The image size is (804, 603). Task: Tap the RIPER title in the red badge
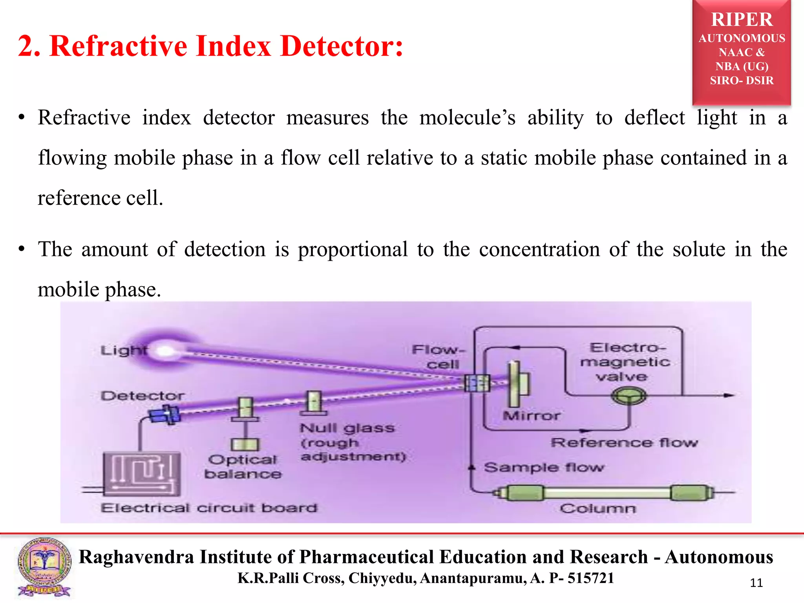742,20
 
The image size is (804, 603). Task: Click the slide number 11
756,583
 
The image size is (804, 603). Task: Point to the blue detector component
165,414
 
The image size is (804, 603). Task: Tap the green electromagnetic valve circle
629,396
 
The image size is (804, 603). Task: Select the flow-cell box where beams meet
477,383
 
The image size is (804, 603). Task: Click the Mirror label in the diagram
532,416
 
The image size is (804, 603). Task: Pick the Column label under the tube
598,509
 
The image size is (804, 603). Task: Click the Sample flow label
544,468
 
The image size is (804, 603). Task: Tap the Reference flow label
624,443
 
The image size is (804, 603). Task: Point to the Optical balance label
243,467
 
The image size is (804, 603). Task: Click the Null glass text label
347,428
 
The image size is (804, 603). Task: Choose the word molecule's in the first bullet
467,118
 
